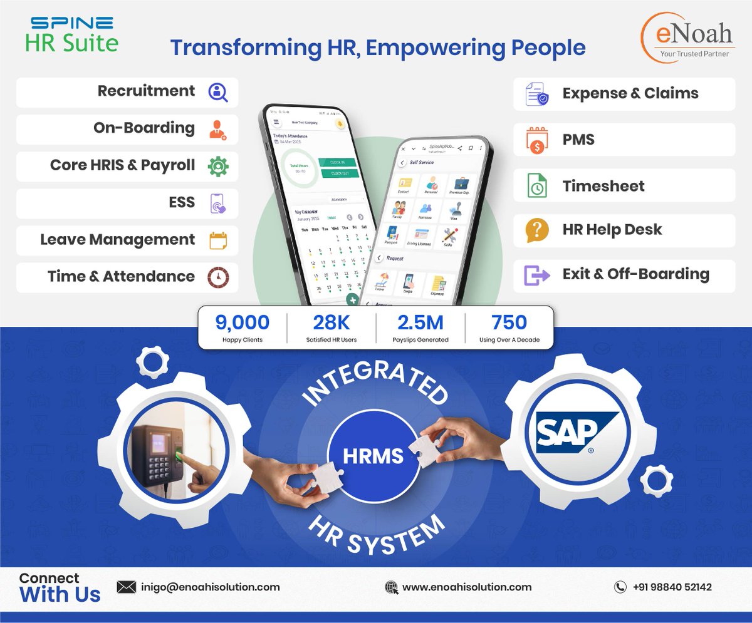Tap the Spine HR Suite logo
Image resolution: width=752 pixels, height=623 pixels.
click(71, 35)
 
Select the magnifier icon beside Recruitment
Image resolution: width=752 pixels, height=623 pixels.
click(217, 92)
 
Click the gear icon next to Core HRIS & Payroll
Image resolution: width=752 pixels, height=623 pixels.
click(217, 166)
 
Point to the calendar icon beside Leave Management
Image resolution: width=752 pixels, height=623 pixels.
click(217, 240)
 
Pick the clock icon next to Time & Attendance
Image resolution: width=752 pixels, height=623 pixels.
click(217, 277)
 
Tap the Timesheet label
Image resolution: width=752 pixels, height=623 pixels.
click(603, 186)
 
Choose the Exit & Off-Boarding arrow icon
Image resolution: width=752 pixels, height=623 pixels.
click(536, 275)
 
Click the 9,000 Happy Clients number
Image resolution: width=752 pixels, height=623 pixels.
click(242, 322)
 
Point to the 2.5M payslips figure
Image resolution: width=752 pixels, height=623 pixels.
click(420, 322)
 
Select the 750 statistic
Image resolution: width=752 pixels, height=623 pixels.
click(509, 322)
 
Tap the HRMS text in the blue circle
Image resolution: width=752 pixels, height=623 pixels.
click(373, 456)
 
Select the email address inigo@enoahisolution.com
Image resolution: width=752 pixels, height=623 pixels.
click(209, 587)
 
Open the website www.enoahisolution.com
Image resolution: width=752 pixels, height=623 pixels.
click(466, 587)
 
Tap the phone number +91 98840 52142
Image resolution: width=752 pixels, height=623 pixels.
click(672, 587)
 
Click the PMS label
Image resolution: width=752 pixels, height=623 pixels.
click(578, 140)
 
